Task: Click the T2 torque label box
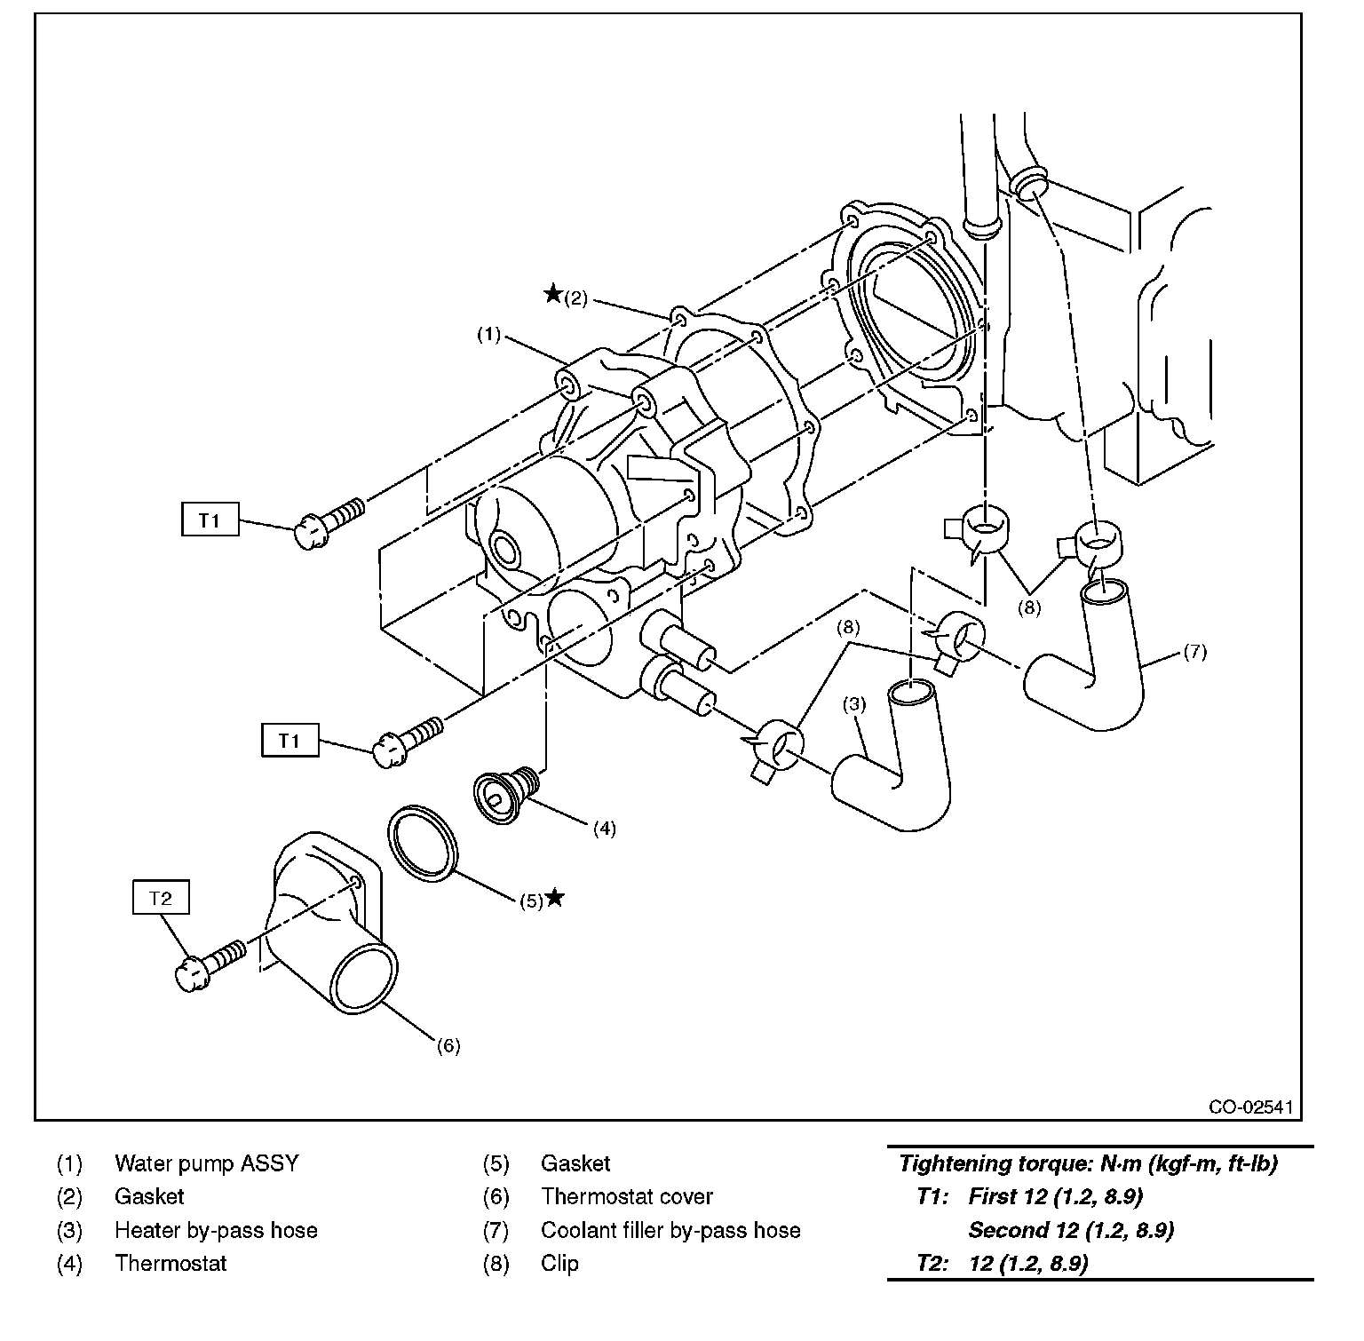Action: tap(161, 898)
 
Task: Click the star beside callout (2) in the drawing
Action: tap(552, 293)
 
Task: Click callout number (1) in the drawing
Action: tap(488, 335)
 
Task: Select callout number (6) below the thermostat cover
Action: tap(448, 1046)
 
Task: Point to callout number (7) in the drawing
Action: tap(1195, 652)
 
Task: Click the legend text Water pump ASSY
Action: tap(206, 1162)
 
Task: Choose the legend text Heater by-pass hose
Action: tap(216, 1230)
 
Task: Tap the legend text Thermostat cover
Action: tap(626, 1196)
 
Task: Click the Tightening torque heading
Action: tap(1087, 1163)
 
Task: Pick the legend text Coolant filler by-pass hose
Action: tap(670, 1230)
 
